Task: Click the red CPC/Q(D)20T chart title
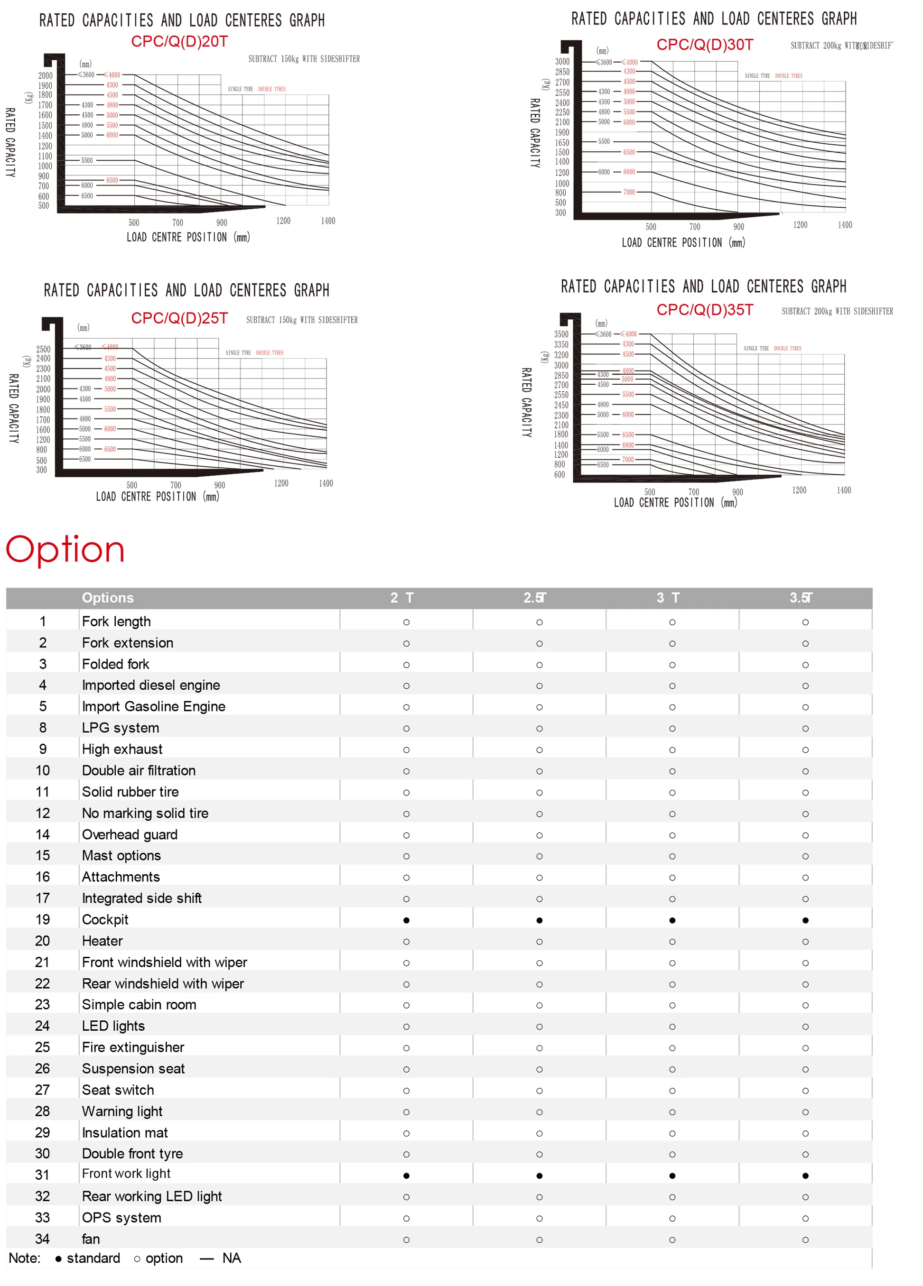tap(179, 42)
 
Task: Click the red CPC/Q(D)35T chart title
tap(705, 310)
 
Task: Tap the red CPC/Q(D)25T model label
tap(179, 319)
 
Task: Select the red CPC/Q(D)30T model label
tap(705, 45)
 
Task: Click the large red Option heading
tap(65, 549)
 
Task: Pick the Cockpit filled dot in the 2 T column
tap(406, 920)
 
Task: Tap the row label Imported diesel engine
tap(151, 685)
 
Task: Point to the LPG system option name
tap(120, 728)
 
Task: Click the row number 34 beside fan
tap(43, 1239)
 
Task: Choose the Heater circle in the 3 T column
tap(672, 942)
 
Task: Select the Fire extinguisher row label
tap(133, 1047)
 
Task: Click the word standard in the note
tap(93, 1258)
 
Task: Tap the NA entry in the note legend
tap(232, 1258)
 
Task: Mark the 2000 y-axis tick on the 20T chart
tap(46, 75)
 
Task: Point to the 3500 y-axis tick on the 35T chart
tap(561, 334)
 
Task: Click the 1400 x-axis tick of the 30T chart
tap(845, 225)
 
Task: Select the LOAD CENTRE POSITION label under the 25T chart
tap(157, 497)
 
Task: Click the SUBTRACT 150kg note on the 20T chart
tap(304, 59)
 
